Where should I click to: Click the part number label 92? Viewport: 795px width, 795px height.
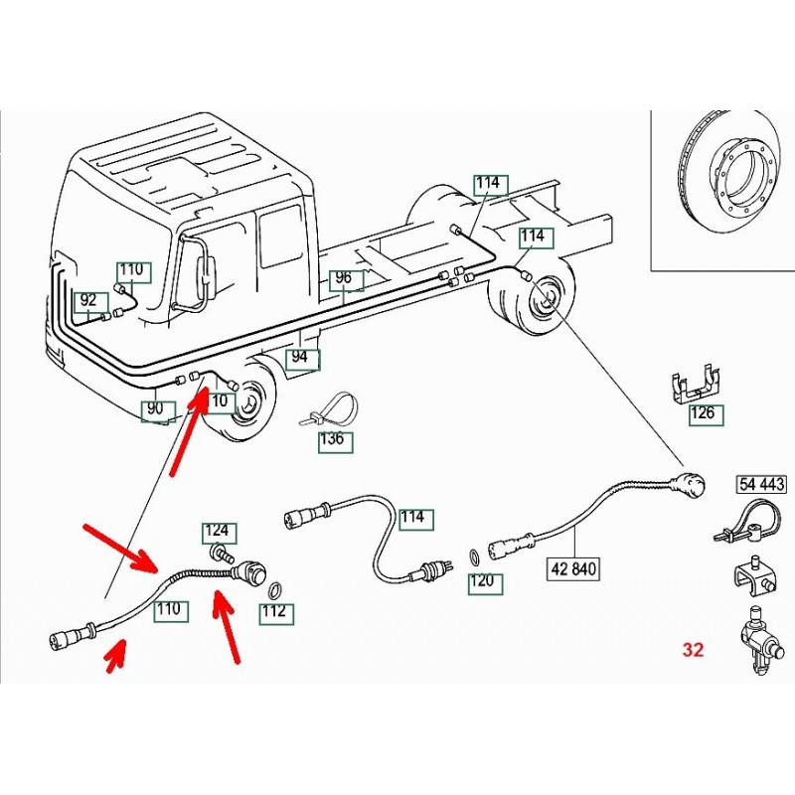tap(88, 299)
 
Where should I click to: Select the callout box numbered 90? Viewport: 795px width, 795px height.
tap(155, 408)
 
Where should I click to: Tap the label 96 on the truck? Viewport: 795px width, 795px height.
tap(343, 278)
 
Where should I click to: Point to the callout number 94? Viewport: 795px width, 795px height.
tap(300, 356)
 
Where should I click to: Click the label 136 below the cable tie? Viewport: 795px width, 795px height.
tap(332, 439)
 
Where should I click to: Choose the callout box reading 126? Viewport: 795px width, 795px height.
tap(703, 413)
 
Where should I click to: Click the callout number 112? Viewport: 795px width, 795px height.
tap(275, 611)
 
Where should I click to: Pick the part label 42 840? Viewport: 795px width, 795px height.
tap(575, 569)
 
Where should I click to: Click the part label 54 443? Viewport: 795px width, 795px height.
tap(761, 485)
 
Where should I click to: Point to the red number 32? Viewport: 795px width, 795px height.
tap(693, 650)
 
